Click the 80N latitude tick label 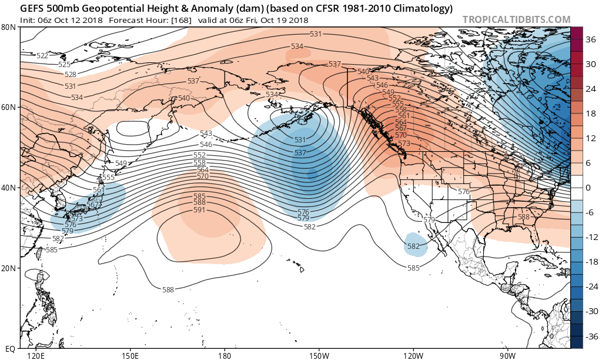(x=9, y=27)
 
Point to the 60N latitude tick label (x=9, y=108)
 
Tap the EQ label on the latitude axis (x=10, y=349)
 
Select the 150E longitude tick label (x=129, y=356)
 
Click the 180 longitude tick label (x=224, y=356)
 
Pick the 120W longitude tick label (x=413, y=356)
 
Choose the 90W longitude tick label (x=508, y=356)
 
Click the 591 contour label (x=199, y=210)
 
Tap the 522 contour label (x=42, y=56)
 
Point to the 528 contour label (x=70, y=75)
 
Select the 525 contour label (x=64, y=65)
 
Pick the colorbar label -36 (x=590, y=336)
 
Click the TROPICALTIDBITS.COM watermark (x=516, y=19)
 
